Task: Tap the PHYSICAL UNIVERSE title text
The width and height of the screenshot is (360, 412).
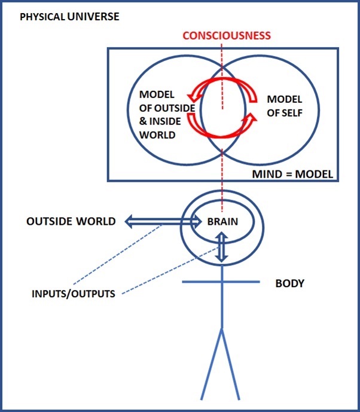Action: pyautogui.click(x=69, y=16)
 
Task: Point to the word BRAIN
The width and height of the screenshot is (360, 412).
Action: pyautogui.click(x=222, y=221)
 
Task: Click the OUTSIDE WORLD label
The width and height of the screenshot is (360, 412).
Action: pyautogui.click(x=71, y=221)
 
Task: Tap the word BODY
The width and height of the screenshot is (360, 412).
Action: pyautogui.click(x=289, y=283)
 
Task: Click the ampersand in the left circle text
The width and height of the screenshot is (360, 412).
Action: pyautogui.click(x=143, y=121)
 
